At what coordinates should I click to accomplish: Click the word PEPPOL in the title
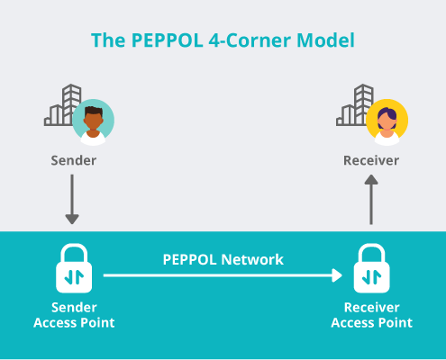(167, 40)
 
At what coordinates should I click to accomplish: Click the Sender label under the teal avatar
(74, 160)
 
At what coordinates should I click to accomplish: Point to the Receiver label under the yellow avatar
(371, 160)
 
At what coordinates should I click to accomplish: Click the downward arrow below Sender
(72, 199)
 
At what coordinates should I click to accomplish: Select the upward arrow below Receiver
(371, 199)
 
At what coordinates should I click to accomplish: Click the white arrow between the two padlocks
(223, 275)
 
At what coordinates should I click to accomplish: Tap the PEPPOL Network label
(223, 260)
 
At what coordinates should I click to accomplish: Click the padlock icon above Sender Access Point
(74, 268)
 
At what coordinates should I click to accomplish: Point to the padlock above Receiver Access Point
(372, 268)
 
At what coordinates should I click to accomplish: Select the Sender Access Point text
(74, 315)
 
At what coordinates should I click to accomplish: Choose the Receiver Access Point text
(372, 315)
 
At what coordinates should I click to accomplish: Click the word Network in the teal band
(252, 260)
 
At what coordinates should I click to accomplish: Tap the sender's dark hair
(94, 112)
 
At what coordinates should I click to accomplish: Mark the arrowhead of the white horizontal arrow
(337, 275)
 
